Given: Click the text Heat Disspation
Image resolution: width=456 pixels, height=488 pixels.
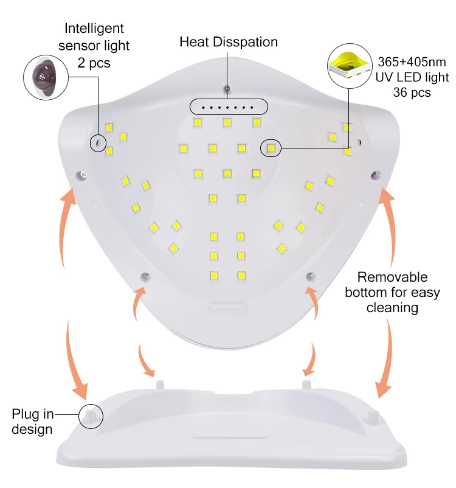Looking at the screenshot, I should click(228, 42).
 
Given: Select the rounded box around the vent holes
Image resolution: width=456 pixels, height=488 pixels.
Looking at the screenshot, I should click(228, 107).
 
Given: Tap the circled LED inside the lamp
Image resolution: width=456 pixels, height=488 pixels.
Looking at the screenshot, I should click(271, 148).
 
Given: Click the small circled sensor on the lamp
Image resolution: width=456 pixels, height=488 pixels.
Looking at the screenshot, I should click(96, 144).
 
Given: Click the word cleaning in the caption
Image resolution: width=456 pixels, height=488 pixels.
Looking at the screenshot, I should click(392, 307).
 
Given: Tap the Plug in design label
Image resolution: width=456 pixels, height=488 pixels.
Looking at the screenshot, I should click(32, 422).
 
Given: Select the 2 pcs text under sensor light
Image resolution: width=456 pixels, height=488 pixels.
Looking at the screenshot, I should click(94, 63).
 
